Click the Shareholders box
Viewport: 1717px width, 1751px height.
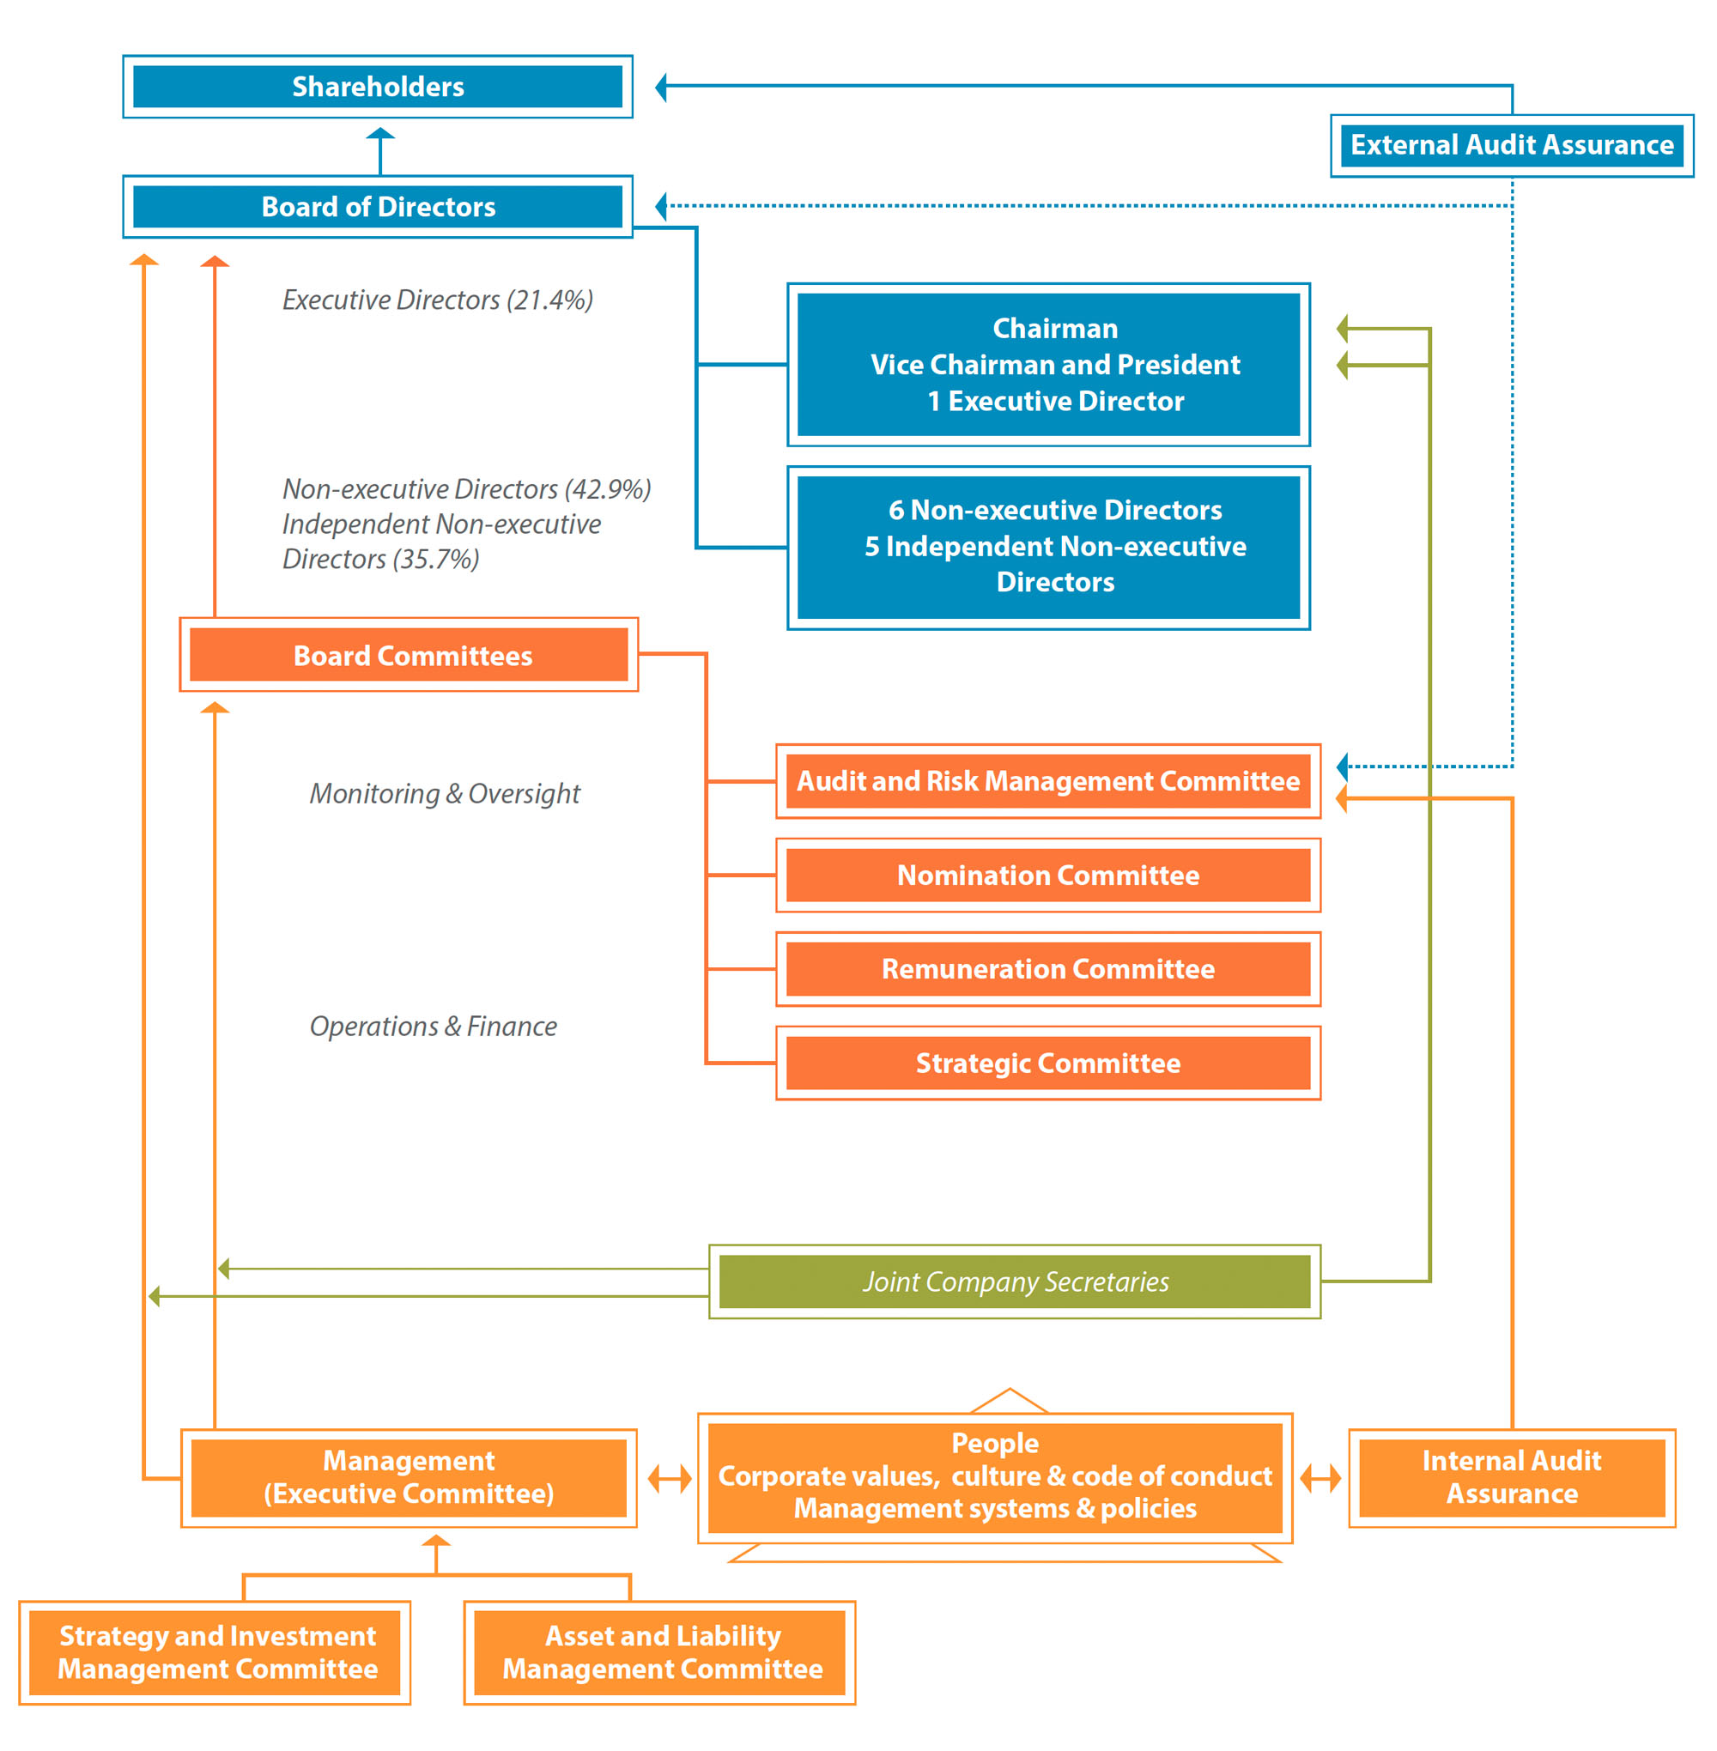coord(378,87)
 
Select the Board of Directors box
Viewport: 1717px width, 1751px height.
coord(378,207)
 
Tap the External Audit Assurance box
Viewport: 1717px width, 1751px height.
coord(1513,145)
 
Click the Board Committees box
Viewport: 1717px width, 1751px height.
coord(410,655)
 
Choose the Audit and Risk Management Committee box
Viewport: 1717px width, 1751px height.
coord(1049,781)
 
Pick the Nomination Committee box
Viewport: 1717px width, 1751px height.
coord(1049,875)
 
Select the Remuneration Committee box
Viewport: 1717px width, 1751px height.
coord(1049,968)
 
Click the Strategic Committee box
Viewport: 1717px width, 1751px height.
coord(1049,1063)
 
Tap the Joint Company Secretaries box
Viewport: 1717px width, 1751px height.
coord(1016,1281)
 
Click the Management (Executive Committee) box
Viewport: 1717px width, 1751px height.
coord(410,1478)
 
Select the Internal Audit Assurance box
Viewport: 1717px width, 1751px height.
coord(1513,1478)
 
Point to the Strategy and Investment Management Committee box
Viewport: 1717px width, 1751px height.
coord(215,1652)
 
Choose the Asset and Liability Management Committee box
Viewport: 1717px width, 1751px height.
coord(660,1652)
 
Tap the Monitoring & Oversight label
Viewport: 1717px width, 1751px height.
coord(446,793)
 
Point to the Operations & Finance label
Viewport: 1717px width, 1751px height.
coord(434,1026)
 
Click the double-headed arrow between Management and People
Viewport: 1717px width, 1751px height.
coord(670,1479)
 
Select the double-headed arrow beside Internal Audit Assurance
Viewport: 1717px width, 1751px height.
coord(1321,1479)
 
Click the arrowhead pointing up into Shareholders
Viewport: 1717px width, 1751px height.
coord(380,133)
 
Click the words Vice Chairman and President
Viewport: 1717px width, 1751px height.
coord(1055,364)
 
